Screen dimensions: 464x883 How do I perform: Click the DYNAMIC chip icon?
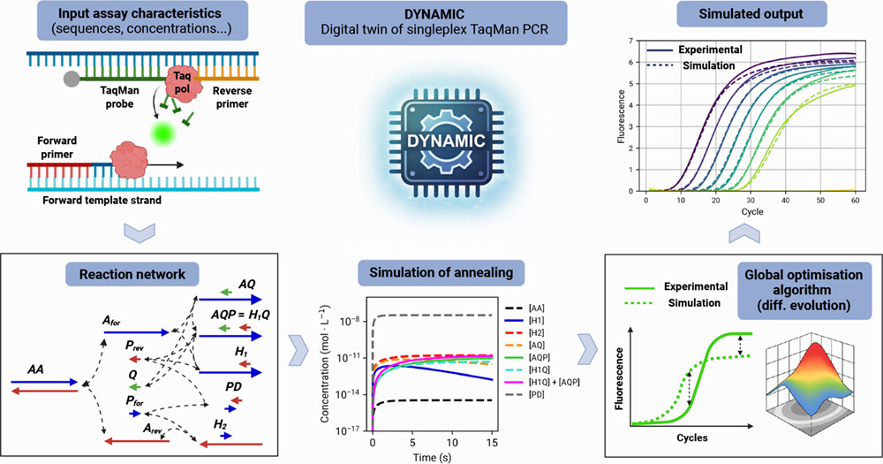pyautogui.click(x=442, y=141)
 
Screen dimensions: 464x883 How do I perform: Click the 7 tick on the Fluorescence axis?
pyautogui.click(x=629, y=42)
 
